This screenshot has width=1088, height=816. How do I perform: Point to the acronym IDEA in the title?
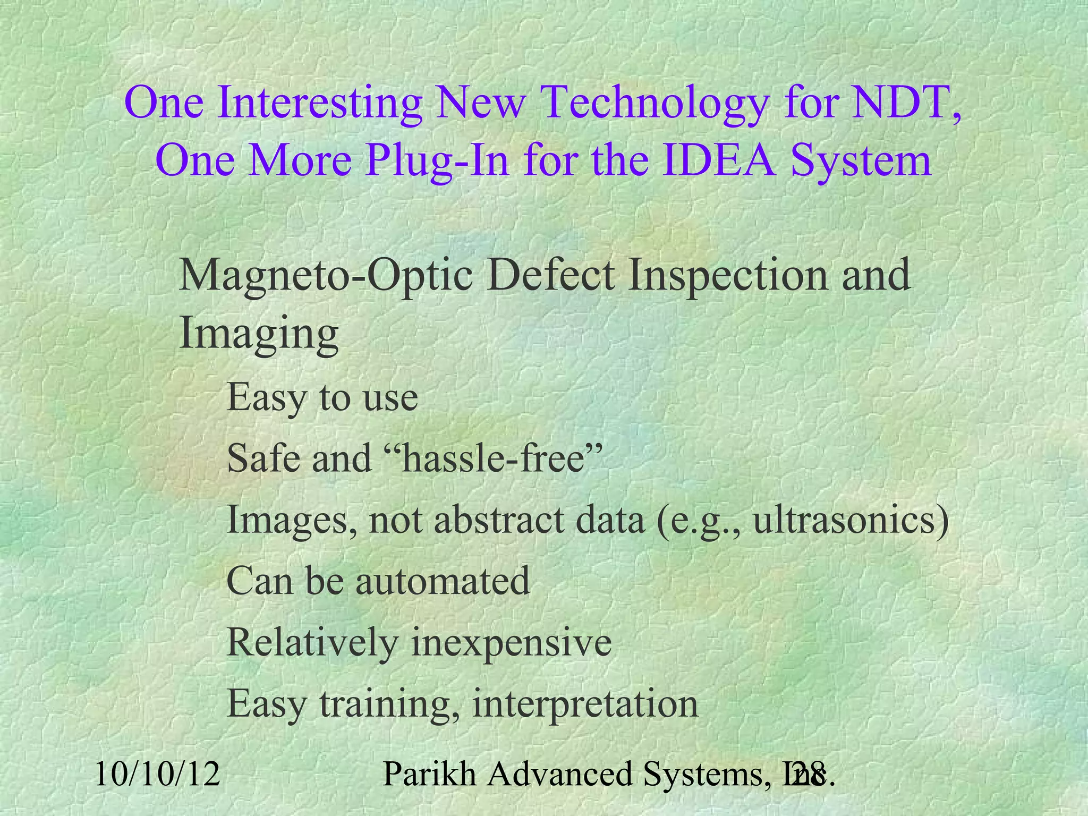720,160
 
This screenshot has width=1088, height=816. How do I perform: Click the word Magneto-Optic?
326,276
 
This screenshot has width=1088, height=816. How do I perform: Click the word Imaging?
259,335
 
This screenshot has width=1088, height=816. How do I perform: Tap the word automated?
443,580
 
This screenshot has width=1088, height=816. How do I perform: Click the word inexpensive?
512,643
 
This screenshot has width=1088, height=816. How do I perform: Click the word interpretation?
585,704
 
